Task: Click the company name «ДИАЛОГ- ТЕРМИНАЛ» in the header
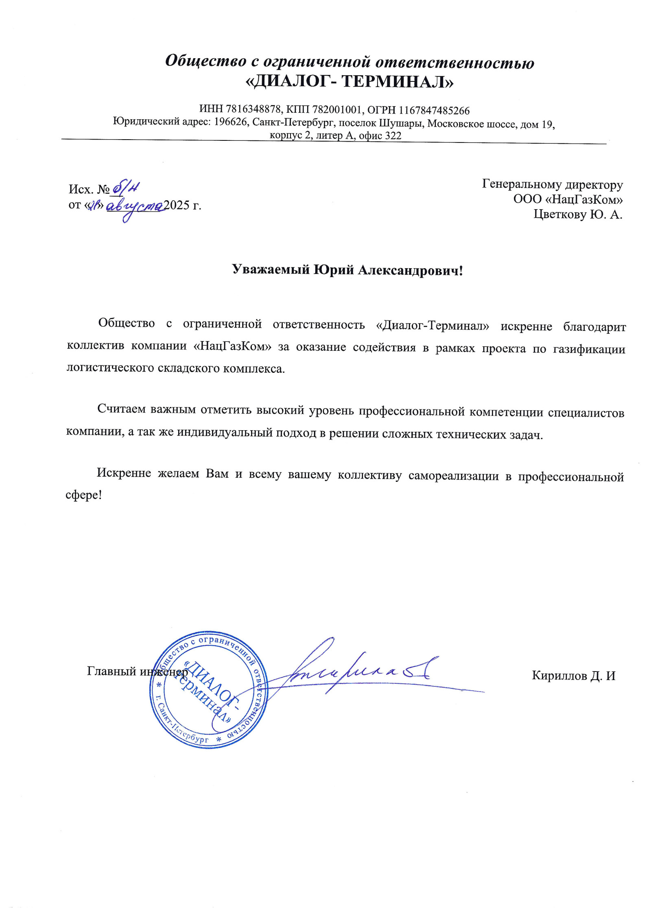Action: [x=350, y=82]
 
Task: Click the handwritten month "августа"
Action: [x=135, y=206]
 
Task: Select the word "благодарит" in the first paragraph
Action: [x=594, y=327]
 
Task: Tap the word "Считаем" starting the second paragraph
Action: [x=121, y=409]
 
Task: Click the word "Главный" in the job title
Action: [x=111, y=671]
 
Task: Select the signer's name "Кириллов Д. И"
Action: [x=573, y=676]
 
